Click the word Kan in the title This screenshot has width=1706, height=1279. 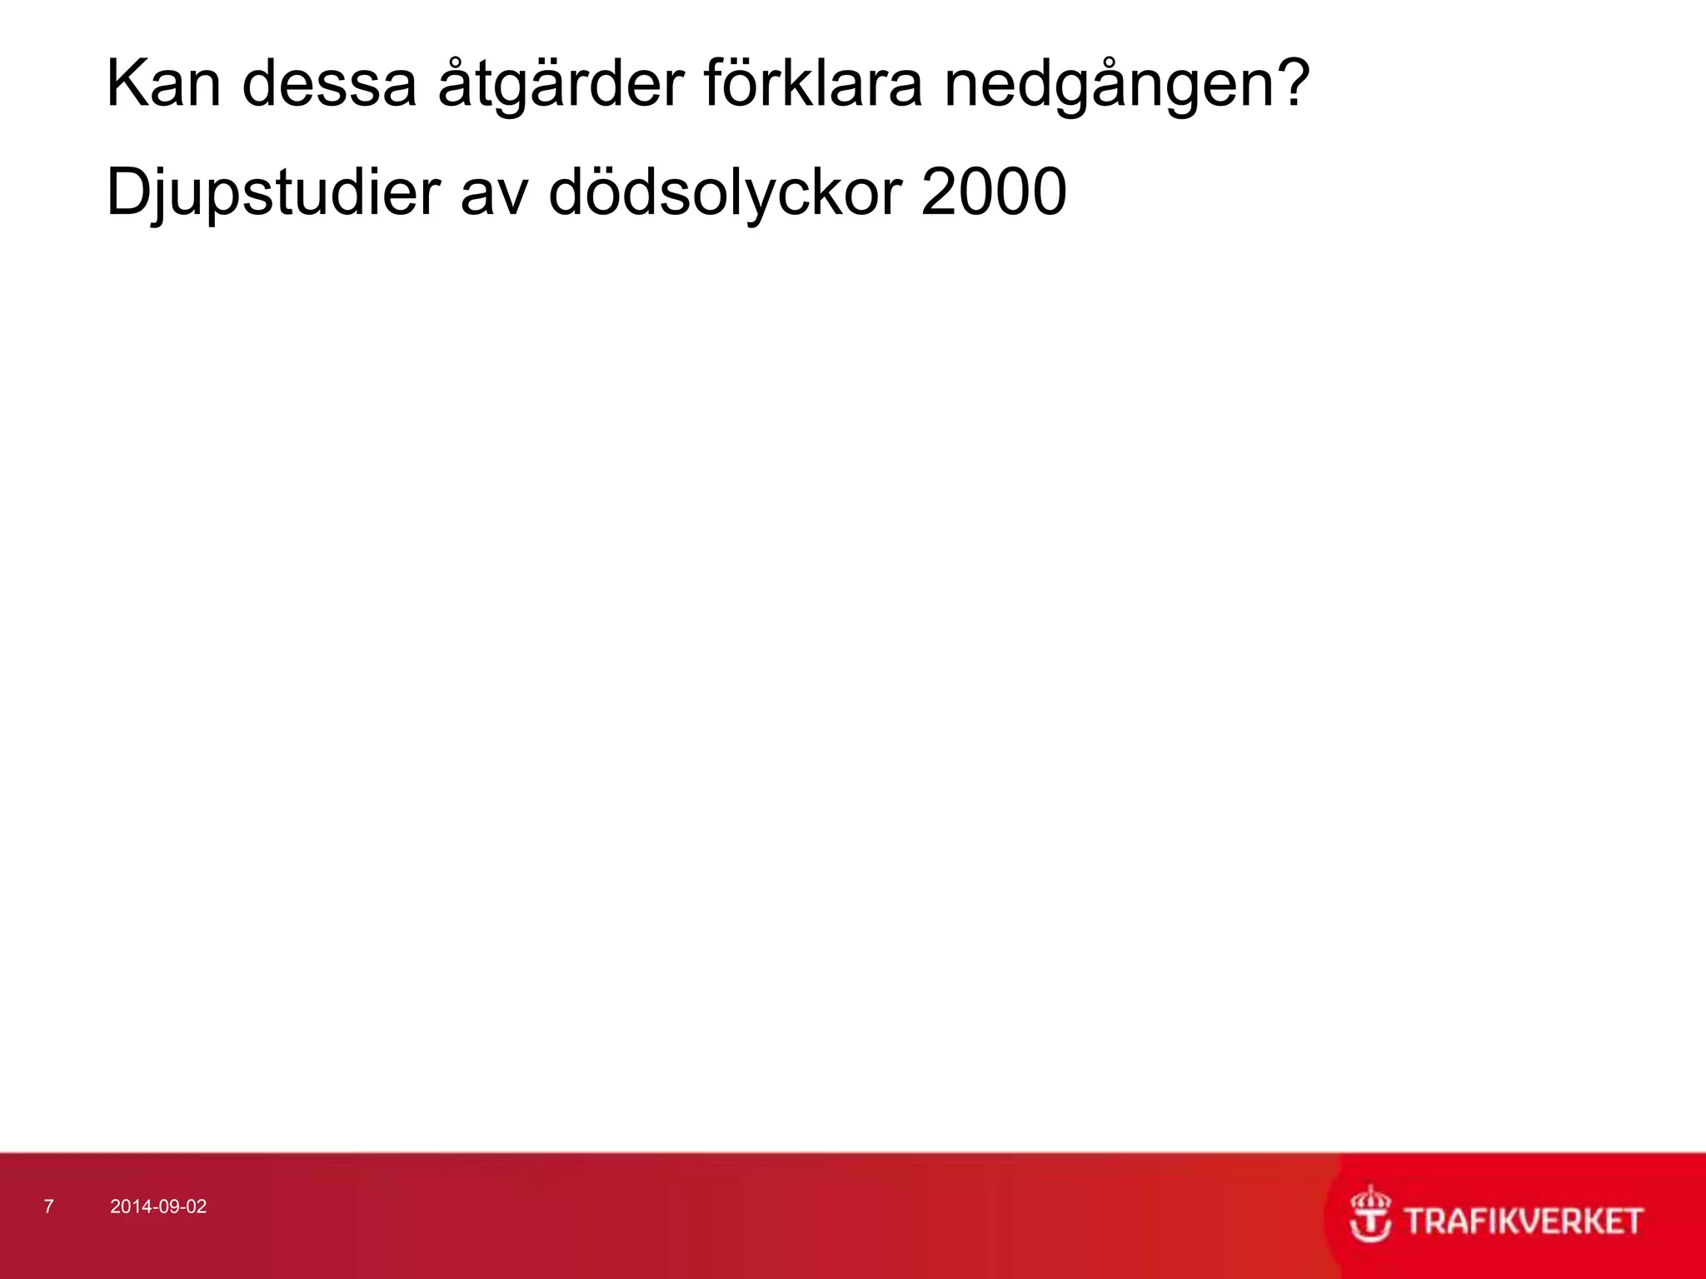point(164,84)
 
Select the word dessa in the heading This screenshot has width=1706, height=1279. point(329,84)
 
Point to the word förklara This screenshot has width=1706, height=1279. point(813,84)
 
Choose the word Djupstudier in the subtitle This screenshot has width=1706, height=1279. point(273,193)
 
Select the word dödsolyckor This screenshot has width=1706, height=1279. point(726,193)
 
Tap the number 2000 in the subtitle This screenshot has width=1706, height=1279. point(994,192)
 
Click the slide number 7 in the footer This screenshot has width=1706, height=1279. point(48,1207)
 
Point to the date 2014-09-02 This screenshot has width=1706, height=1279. point(158,1207)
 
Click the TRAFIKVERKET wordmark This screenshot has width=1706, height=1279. point(1524,1221)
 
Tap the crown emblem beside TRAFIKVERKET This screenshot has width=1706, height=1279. point(1370,1214)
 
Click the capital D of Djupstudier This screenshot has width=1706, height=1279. point(129,192)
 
